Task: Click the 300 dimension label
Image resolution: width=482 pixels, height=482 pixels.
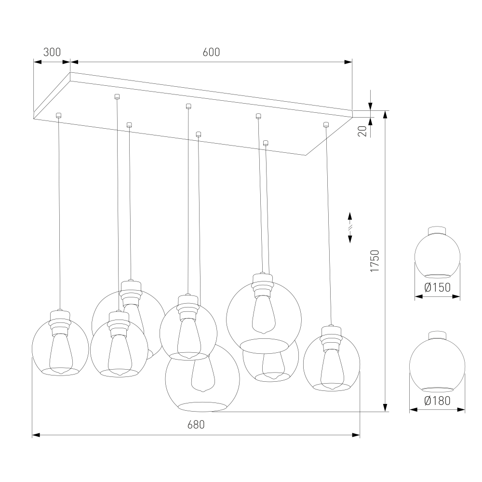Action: click(x=52, y=52)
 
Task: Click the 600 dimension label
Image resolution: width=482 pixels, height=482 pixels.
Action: click(x=211, y=52)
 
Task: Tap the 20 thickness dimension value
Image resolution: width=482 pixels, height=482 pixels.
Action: click(x=363, y=131)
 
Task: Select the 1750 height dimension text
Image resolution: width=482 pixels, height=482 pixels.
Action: click(x=375, y=261)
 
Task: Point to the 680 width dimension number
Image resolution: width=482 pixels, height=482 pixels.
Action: click(x=196, y=425)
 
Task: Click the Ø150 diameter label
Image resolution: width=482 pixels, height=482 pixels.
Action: click(x=438, y=287)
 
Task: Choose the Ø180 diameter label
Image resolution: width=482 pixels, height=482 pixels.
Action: click(x=438, y=401)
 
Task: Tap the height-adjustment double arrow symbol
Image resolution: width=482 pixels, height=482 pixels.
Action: click(x=350, y=228)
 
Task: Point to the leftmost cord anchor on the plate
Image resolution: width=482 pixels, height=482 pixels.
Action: click(x=58, y=116)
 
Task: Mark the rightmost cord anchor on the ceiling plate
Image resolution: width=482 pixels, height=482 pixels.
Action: click(x=326, y=124)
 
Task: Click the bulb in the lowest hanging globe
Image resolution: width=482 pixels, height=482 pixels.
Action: click(x=203, y=375)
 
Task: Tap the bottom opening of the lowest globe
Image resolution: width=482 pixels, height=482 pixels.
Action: click(x=202, y=407)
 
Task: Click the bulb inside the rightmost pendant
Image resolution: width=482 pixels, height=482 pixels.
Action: click(x=332, y=369)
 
